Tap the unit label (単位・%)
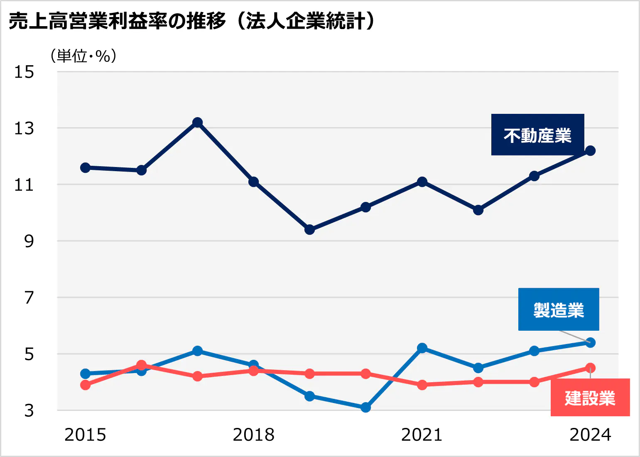[83, 56]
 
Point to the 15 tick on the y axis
[24, 72]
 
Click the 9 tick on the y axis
[29, 241]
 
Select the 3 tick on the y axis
[29, 410]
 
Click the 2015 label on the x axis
[85, 435]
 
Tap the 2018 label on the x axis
[253, 435]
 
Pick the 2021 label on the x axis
[422, 435]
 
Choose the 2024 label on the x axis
[590, 435]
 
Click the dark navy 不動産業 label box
[537, 135]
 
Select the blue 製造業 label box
[559, 310]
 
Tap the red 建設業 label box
[590, 398]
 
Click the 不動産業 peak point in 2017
[198, 123]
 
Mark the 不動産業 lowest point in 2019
[309, 230]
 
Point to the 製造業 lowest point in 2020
[365, 408]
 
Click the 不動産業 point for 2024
[590, 151]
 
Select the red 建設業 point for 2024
[590, 368]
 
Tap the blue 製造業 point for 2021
[422, 348]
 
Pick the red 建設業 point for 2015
[86, 385]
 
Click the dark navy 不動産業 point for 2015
[86, 168]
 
